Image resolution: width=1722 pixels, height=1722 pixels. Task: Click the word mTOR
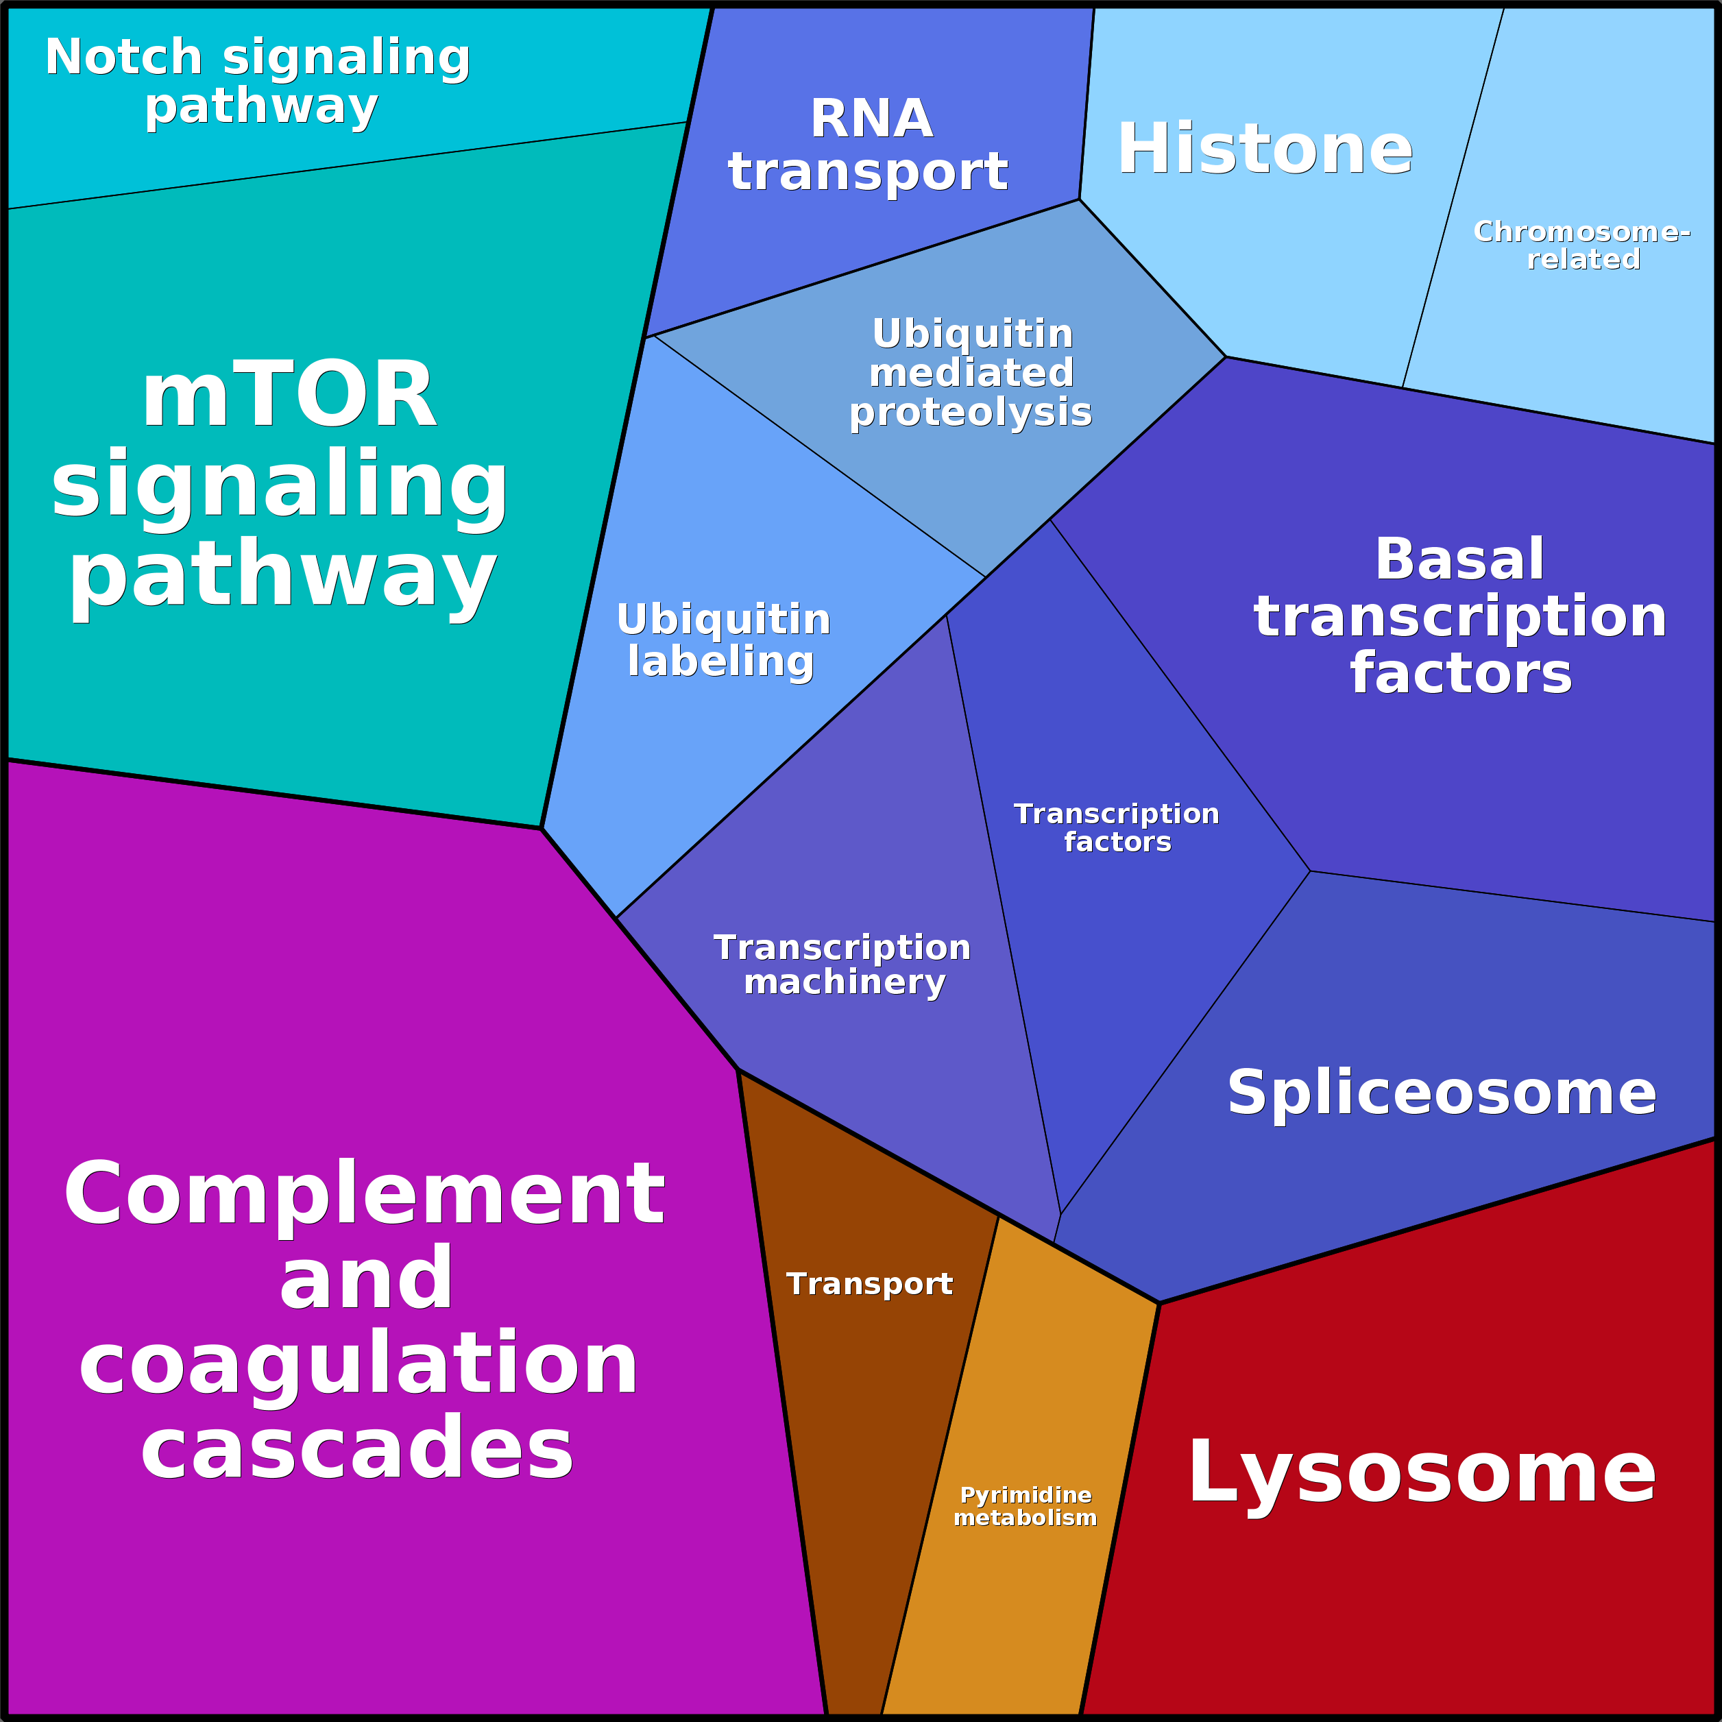click(x=289, y=395)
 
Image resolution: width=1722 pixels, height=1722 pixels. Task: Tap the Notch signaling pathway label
click(x=258, y=81)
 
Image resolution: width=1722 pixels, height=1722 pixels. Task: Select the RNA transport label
click(x=869, y=145)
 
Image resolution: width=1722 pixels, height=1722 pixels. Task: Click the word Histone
click(x=1265, y=149)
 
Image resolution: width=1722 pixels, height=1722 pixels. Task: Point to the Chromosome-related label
click(x=1582, y=245)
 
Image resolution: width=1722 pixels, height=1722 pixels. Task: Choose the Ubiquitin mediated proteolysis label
click(x=971, y=372)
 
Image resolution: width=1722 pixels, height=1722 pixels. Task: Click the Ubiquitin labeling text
click(x=723, y=640)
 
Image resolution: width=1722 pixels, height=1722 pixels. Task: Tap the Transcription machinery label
click(x=842, y=965)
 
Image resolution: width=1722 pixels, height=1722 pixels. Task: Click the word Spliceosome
click(x=1441, y=1093)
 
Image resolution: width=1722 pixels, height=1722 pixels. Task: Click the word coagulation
click(x=359, y=1365)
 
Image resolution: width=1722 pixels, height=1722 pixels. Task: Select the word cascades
click(x=356, y=1448)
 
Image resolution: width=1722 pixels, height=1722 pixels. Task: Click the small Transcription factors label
click(x=1117, y=827)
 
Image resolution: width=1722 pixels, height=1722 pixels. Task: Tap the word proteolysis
click(x=970, y=413)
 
